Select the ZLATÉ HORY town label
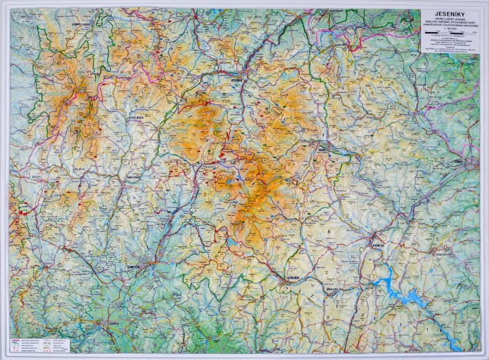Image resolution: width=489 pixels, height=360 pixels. point(344,44)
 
